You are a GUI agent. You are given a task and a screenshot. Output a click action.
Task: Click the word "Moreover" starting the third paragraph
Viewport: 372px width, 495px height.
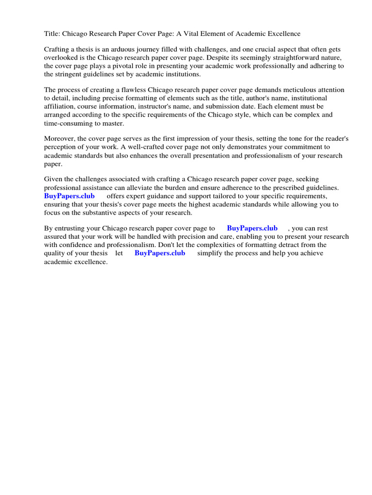click(60, 139)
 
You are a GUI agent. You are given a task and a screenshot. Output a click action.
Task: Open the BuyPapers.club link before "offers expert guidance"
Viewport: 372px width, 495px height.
click(69, 196)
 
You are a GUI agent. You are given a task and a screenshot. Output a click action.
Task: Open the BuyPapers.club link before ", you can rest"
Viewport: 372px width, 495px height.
click(252, 228)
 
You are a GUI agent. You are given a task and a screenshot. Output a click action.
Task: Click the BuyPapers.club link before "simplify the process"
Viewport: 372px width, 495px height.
click(160, 253)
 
